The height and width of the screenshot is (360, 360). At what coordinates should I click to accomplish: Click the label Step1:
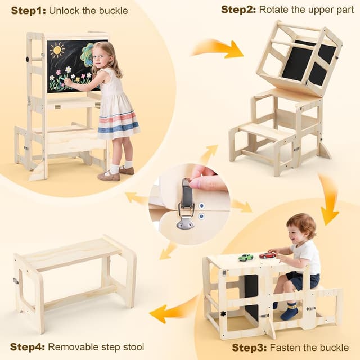pos(28,11)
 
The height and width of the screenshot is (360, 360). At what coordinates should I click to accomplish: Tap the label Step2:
pos(238,10)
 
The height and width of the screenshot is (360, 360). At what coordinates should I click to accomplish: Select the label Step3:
pos(249,348)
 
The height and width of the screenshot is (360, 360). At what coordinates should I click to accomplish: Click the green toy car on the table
pos(246,257)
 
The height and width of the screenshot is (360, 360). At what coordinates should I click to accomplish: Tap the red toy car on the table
pos(268,255)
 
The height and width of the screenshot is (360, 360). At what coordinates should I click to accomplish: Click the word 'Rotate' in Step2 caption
pos(275,10)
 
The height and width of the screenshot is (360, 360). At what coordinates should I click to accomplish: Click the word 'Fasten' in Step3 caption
pos(285,348)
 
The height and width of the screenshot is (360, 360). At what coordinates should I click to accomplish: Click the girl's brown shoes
pos(110,175)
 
